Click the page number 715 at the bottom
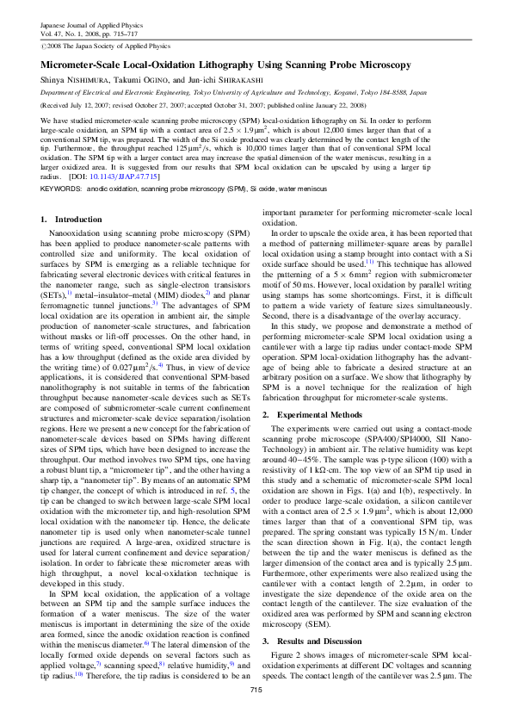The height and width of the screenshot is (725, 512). (256, 714)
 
